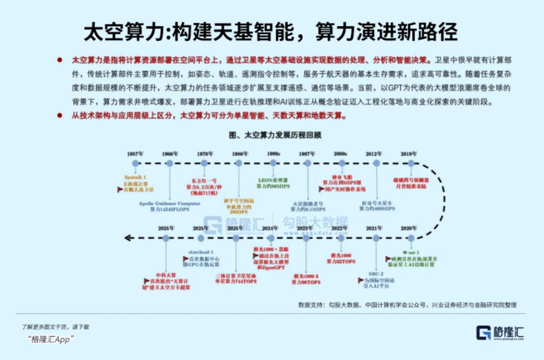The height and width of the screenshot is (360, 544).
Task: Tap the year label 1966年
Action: tap(170, 154)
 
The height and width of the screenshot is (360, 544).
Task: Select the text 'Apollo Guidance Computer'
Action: tap(170, 203)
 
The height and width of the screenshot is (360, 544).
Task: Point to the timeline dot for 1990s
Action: tap(274, 163)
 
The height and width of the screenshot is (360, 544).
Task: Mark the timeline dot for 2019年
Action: tap(411, 163)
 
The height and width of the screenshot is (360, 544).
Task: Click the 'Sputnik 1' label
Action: tap(135, 177)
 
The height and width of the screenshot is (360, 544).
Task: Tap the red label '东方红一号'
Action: tap(203, 180)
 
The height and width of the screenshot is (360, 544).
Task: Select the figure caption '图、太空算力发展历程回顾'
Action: tap(275, 135)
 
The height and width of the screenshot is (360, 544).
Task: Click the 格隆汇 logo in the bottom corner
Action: tap(501, 332)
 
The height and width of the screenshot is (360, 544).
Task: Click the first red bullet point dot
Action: tap(59, 60)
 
